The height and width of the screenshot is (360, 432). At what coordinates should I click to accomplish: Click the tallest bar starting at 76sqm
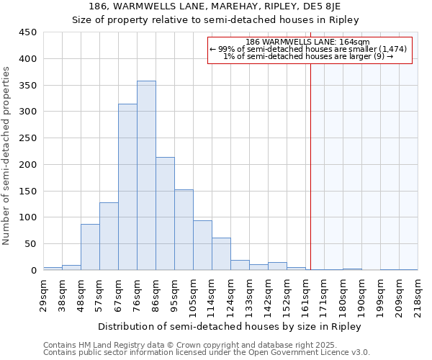tap(146, 176)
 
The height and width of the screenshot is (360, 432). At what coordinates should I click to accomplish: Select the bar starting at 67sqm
tap(127, 187)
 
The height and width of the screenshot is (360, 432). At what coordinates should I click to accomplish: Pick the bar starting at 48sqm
tap(90, 247)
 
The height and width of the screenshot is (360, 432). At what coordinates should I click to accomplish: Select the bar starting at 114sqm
tap(221, 254)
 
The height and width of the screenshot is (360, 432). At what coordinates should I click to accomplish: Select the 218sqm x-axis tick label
tap(418, 292)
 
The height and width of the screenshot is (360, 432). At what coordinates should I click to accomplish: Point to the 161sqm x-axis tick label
tap(305, 292)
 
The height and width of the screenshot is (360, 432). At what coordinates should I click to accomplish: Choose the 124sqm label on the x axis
tap(230, 292)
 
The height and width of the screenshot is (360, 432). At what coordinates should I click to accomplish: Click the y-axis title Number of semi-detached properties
tap(6, 156)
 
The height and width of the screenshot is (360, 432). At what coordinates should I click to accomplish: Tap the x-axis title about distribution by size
tap(230, 326)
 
